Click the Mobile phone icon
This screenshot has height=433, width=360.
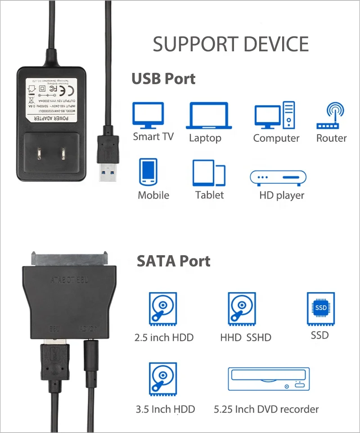148,172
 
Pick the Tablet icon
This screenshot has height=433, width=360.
209,173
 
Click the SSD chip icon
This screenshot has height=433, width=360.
320,308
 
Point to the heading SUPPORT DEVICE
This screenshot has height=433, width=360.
231,44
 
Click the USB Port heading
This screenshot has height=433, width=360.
163,79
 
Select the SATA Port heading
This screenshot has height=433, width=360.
174,262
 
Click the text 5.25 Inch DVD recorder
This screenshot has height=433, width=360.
266,409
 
